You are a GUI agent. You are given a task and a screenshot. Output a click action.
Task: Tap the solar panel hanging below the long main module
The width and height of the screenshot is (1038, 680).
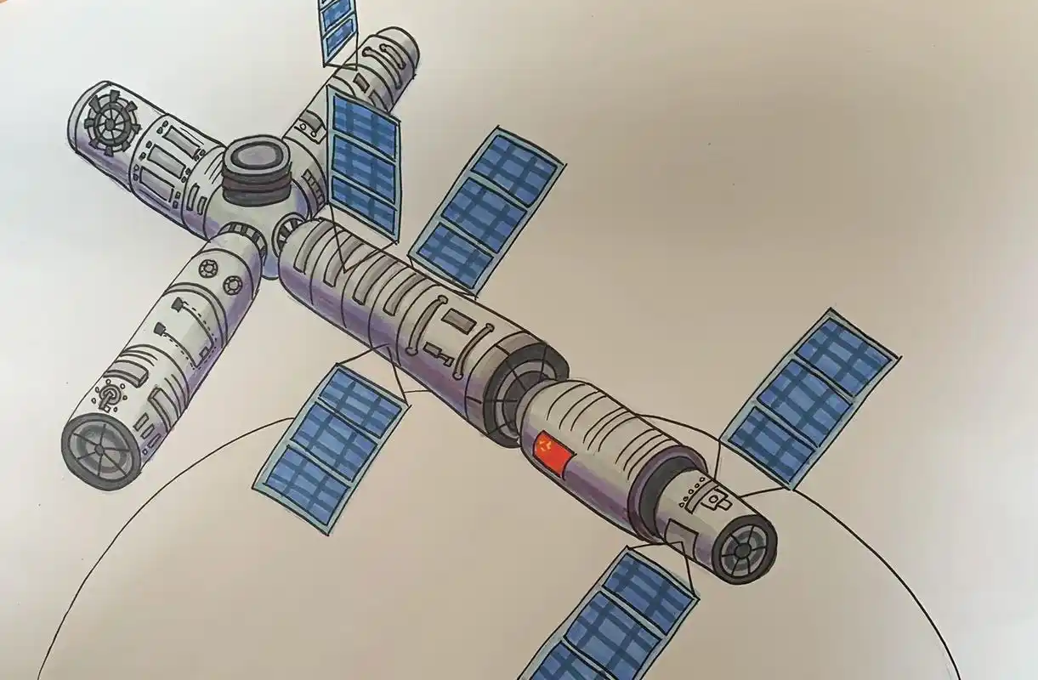332,445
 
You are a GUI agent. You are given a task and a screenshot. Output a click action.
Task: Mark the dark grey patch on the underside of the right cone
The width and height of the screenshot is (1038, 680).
680,535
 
